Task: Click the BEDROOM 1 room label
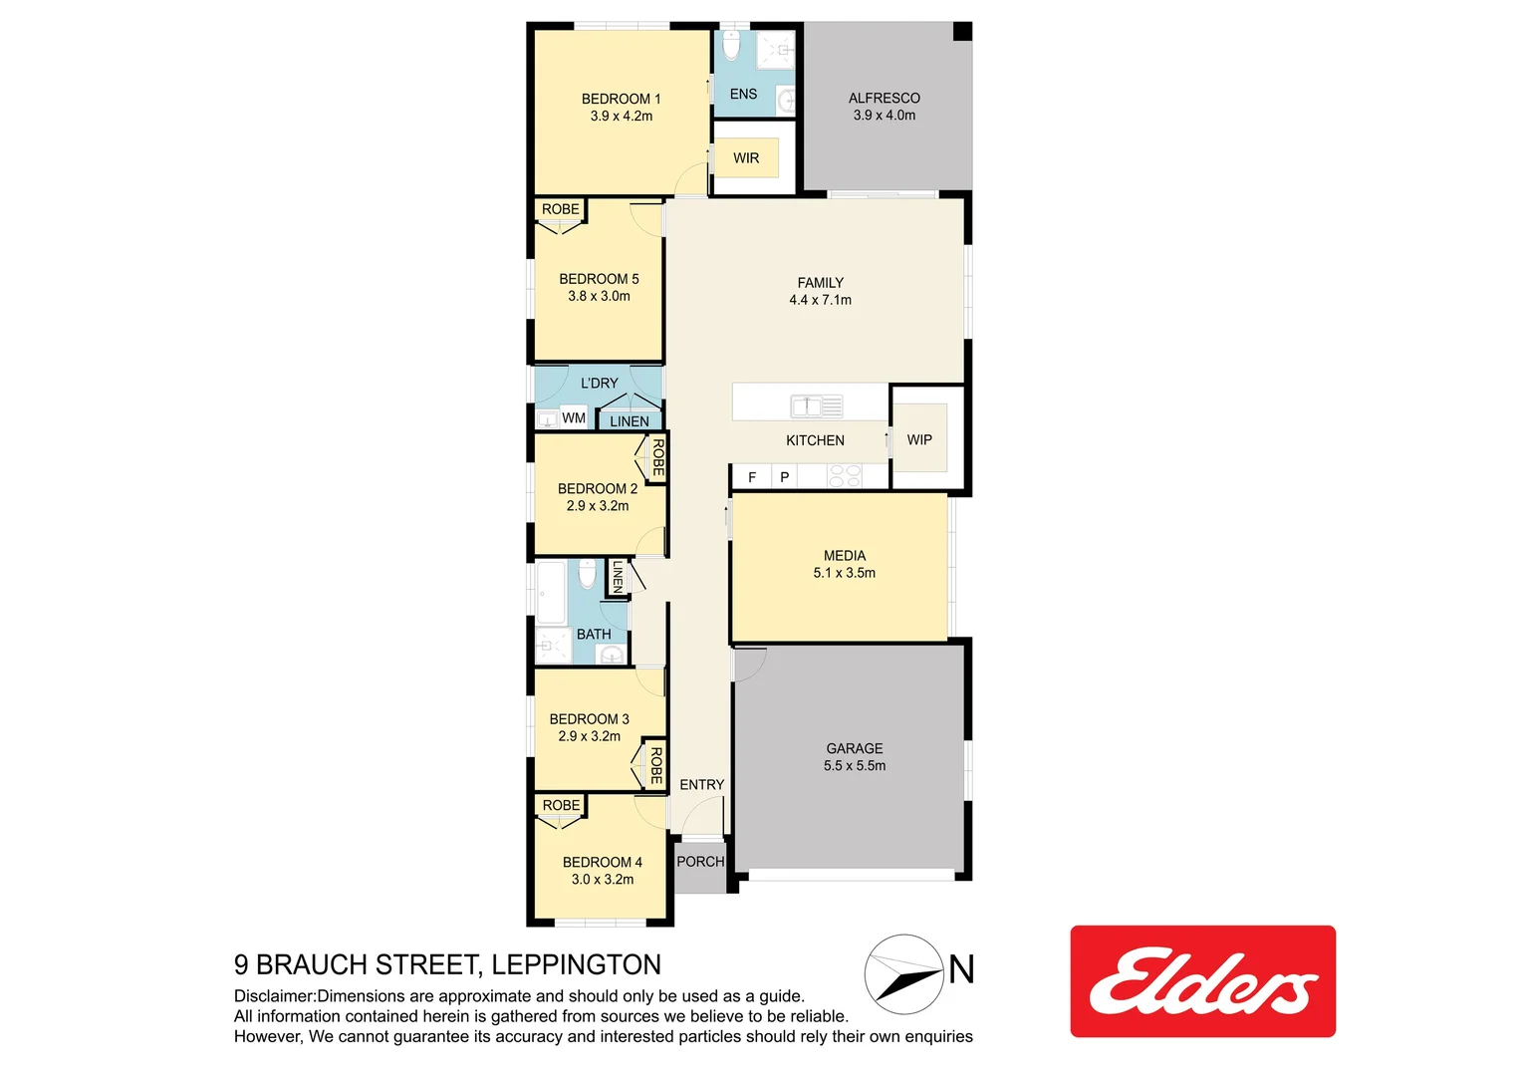(621, 99)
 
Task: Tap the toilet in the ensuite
(731, 46)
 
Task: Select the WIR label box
(746, 158)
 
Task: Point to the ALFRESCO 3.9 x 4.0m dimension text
(884, 116)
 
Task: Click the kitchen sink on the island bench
(816, 405)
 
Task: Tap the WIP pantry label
(918, 439)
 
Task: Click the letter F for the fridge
(752, 477)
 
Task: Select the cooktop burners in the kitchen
(845, 476)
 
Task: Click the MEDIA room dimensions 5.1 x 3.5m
(844, 573)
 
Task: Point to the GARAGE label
(854, 748)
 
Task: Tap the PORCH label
(700, 862)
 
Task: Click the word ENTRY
(701, 785)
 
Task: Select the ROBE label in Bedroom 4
(561, 805)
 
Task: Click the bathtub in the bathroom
(551, 593)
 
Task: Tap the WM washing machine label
(574, 418)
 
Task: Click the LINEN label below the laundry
(629, 421)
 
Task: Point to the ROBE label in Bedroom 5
(560, 209)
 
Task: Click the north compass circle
(903, 973)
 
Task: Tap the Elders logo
(1202, 981)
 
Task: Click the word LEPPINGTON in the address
(576, 964)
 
